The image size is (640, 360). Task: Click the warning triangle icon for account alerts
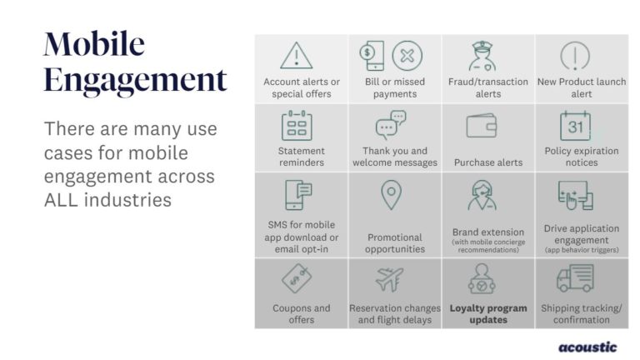coord(297,56)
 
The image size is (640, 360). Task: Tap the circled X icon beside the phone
coord(407,56)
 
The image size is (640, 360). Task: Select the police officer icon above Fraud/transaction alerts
coord(482,56)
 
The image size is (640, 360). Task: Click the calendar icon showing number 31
coord(575,125)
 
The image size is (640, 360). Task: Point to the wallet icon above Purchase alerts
coord(482,125)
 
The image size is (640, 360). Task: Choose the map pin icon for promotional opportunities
coord(391,195)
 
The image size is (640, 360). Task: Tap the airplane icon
coord(389,279)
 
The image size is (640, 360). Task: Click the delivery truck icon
coord(575,278)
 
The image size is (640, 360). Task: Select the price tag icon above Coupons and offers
coord(297,278)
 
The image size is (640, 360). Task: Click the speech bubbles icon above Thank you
coord(391,125)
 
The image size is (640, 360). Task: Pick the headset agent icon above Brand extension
coord(482,196)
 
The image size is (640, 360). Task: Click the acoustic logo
coord(587,347)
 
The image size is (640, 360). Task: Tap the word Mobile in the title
coord(94,43)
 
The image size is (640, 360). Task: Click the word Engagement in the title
coord(135,80)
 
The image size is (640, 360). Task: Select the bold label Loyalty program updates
coord(488,314)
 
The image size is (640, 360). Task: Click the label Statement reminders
coord(301,157)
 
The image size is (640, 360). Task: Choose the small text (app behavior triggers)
coord(582,250)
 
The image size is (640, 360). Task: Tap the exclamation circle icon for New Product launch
coord(575,56)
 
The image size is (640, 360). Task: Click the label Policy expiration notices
coord(582,157)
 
